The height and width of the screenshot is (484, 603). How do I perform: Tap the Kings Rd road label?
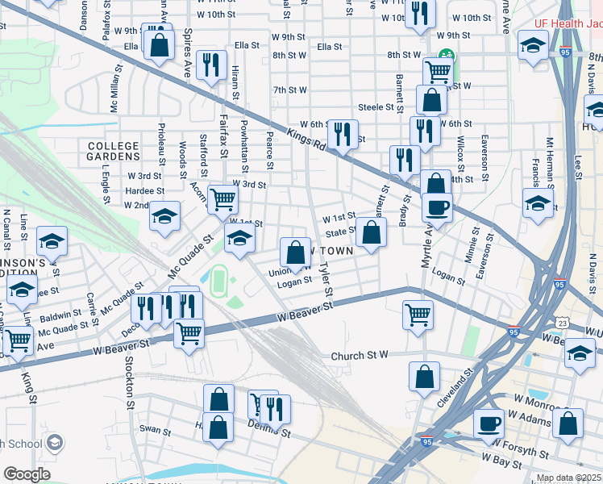tap(305, 145)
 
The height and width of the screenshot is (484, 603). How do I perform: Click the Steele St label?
tap(381, 106)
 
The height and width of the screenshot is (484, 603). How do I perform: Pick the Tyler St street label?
tap(325, 278)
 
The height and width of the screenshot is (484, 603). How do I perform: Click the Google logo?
tap(27, 474)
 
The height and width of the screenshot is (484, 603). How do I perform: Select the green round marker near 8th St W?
tap(443, 56)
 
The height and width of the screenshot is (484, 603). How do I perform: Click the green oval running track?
tap(218, 282)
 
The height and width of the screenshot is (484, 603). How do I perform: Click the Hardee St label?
tap(145, 191)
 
